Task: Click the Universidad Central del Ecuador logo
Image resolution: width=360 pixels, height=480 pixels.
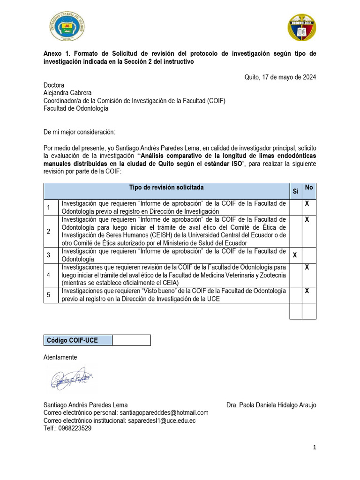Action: click(68, 27)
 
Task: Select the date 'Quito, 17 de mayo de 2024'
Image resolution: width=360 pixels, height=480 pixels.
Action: click(280, 77)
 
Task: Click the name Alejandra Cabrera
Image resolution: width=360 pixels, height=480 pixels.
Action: click(67, 93)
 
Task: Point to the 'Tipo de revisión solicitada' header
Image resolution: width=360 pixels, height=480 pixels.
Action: click(166, 187)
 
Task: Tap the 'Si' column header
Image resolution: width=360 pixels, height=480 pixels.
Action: click(295, 191)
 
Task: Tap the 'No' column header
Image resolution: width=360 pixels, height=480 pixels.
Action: click(308, 187)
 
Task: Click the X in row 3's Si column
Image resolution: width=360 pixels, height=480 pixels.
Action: click(295, 255)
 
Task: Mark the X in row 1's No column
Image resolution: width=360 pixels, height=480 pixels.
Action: click(307, 203)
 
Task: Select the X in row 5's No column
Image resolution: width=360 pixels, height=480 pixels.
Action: click(307, 291)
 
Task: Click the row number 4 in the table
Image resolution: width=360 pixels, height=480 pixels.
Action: click(48, 275)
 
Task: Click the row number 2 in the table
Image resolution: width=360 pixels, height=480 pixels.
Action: click(48, 231)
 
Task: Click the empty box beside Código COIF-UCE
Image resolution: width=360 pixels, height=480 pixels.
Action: click(131, 340)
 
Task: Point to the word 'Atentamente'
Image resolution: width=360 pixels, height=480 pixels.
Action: click(60, 357)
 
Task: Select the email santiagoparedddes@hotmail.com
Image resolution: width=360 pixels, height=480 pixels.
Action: click(164, 412)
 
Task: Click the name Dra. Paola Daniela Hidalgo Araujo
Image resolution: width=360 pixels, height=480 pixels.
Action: click(271, 405)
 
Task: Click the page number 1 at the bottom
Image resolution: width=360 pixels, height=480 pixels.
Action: click(315, 448)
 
